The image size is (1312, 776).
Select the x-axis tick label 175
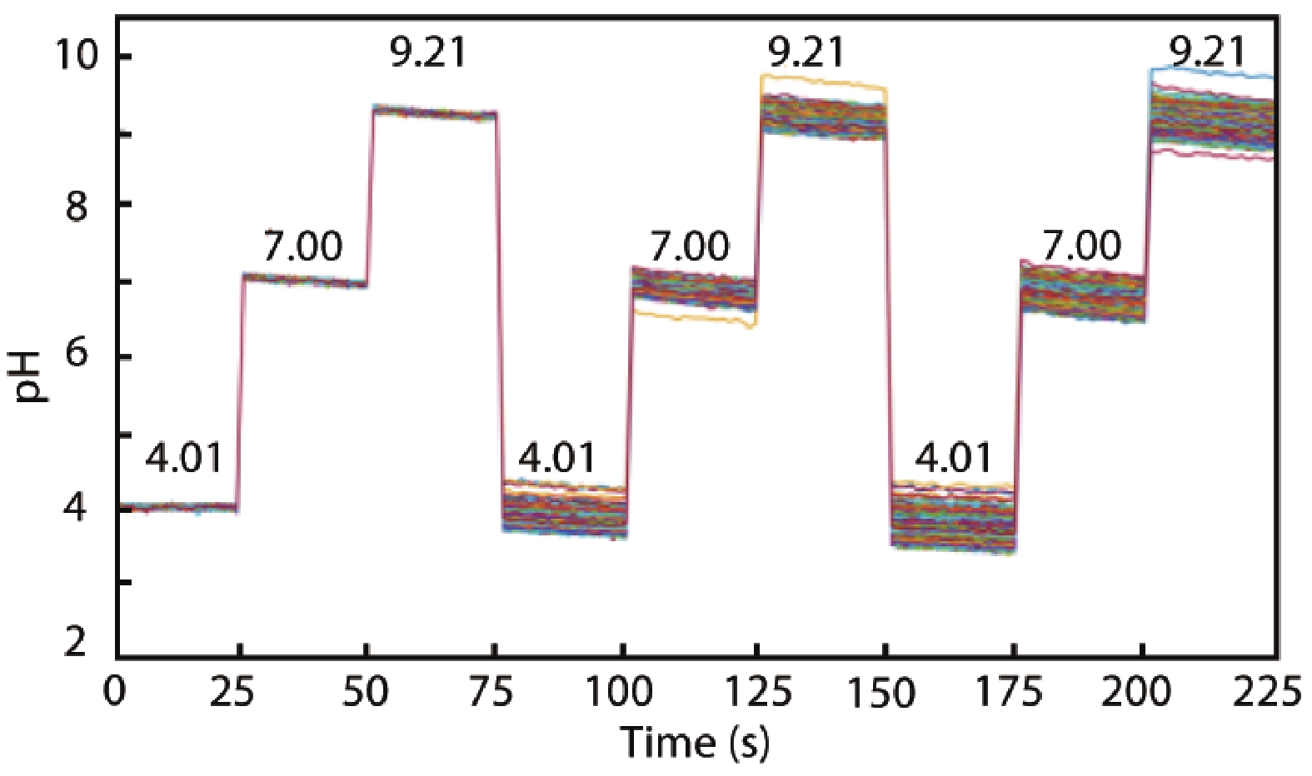pos(1009,691)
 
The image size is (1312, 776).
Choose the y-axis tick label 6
pos(77,353)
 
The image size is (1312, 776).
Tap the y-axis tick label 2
pos(77,642)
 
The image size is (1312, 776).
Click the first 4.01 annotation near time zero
pos(184,458)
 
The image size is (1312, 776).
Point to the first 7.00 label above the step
pos(302,246)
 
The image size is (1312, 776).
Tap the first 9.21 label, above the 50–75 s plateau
pos(428,53)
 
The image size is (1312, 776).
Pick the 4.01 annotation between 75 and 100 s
pos(557,458)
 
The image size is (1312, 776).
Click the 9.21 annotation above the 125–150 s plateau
pos(806,53)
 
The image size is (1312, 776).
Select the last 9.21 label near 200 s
pos(1207,52)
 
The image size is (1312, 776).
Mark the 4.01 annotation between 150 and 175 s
pos(954,458)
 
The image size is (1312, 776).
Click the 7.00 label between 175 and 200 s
pos(1082,246)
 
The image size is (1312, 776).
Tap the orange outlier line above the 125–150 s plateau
pos(825,81)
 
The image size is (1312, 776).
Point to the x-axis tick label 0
pos(114,691)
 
